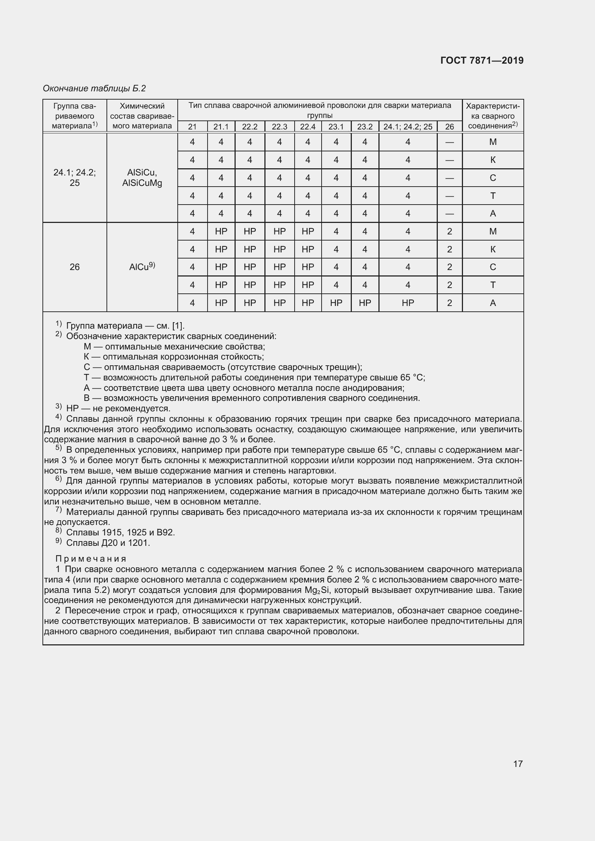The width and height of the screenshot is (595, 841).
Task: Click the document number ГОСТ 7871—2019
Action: coord(482,60)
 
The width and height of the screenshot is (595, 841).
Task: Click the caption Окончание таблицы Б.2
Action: coord(94,88)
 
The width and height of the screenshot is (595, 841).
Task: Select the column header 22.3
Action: coord(279,127)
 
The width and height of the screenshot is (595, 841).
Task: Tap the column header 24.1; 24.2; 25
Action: coord(408,127)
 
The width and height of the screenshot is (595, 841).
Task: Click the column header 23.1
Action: coord(336,127)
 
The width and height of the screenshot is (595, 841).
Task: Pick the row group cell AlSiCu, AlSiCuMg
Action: coord(142,178)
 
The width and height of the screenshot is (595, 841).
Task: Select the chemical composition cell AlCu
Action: coord(142,267)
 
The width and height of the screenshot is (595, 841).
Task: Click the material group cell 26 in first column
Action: coord(74,267)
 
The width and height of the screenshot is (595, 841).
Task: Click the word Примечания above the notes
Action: coord(91,559)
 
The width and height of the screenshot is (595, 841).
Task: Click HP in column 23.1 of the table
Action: coord(336,303)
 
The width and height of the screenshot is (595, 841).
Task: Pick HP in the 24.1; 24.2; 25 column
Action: coord(408,303)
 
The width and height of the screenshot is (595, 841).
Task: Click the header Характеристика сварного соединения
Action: coord(493,116)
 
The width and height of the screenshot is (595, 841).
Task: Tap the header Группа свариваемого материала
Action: coord(74,116)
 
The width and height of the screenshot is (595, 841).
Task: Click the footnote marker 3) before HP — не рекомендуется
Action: coord(59,407)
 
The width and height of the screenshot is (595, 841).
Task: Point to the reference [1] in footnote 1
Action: coord(178,326)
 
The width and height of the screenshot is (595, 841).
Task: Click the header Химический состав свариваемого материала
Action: coord(142,116)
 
